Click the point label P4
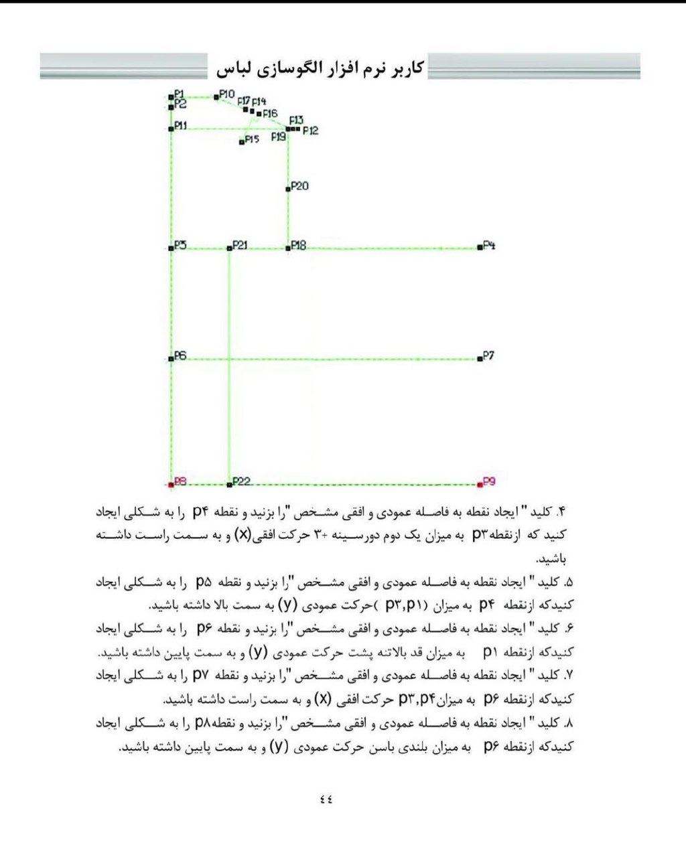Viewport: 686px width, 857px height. pos(489,246)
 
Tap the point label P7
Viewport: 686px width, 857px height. pos(488,356)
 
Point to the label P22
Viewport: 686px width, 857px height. pos(242,481)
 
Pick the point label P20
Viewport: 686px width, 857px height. pos(299,185)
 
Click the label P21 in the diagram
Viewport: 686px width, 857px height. pos(239,246)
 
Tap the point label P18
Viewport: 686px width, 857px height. pos(298,246)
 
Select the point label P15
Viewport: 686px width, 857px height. pos(252,139)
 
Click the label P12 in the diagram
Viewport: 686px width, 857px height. pos(310,131)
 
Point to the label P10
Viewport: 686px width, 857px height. pos(227,94)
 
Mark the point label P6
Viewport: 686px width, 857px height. pos(180,356)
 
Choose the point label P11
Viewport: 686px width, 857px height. pos(181,125)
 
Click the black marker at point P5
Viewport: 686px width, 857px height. pos(171,248)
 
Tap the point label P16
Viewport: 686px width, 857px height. pos(269,114)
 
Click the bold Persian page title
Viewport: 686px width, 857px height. pos(320,68)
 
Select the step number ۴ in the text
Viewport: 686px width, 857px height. pos(561,513)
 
